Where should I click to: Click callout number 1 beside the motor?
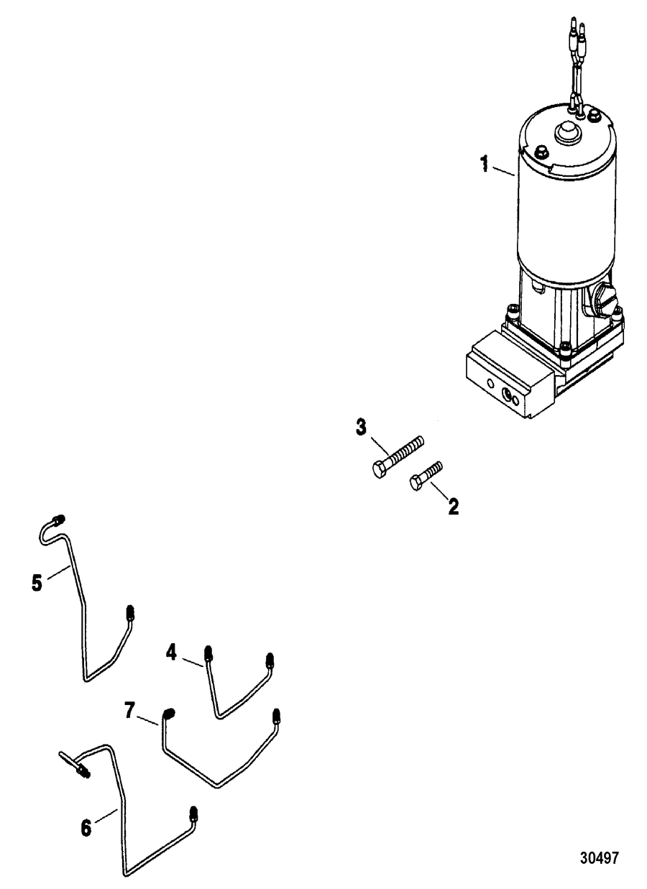click(484, 164)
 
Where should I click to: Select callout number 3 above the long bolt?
click(361, 429)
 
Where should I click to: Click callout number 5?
click(37, 584)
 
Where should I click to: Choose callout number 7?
click(129, 710)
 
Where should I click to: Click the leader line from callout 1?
click(504, 171)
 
